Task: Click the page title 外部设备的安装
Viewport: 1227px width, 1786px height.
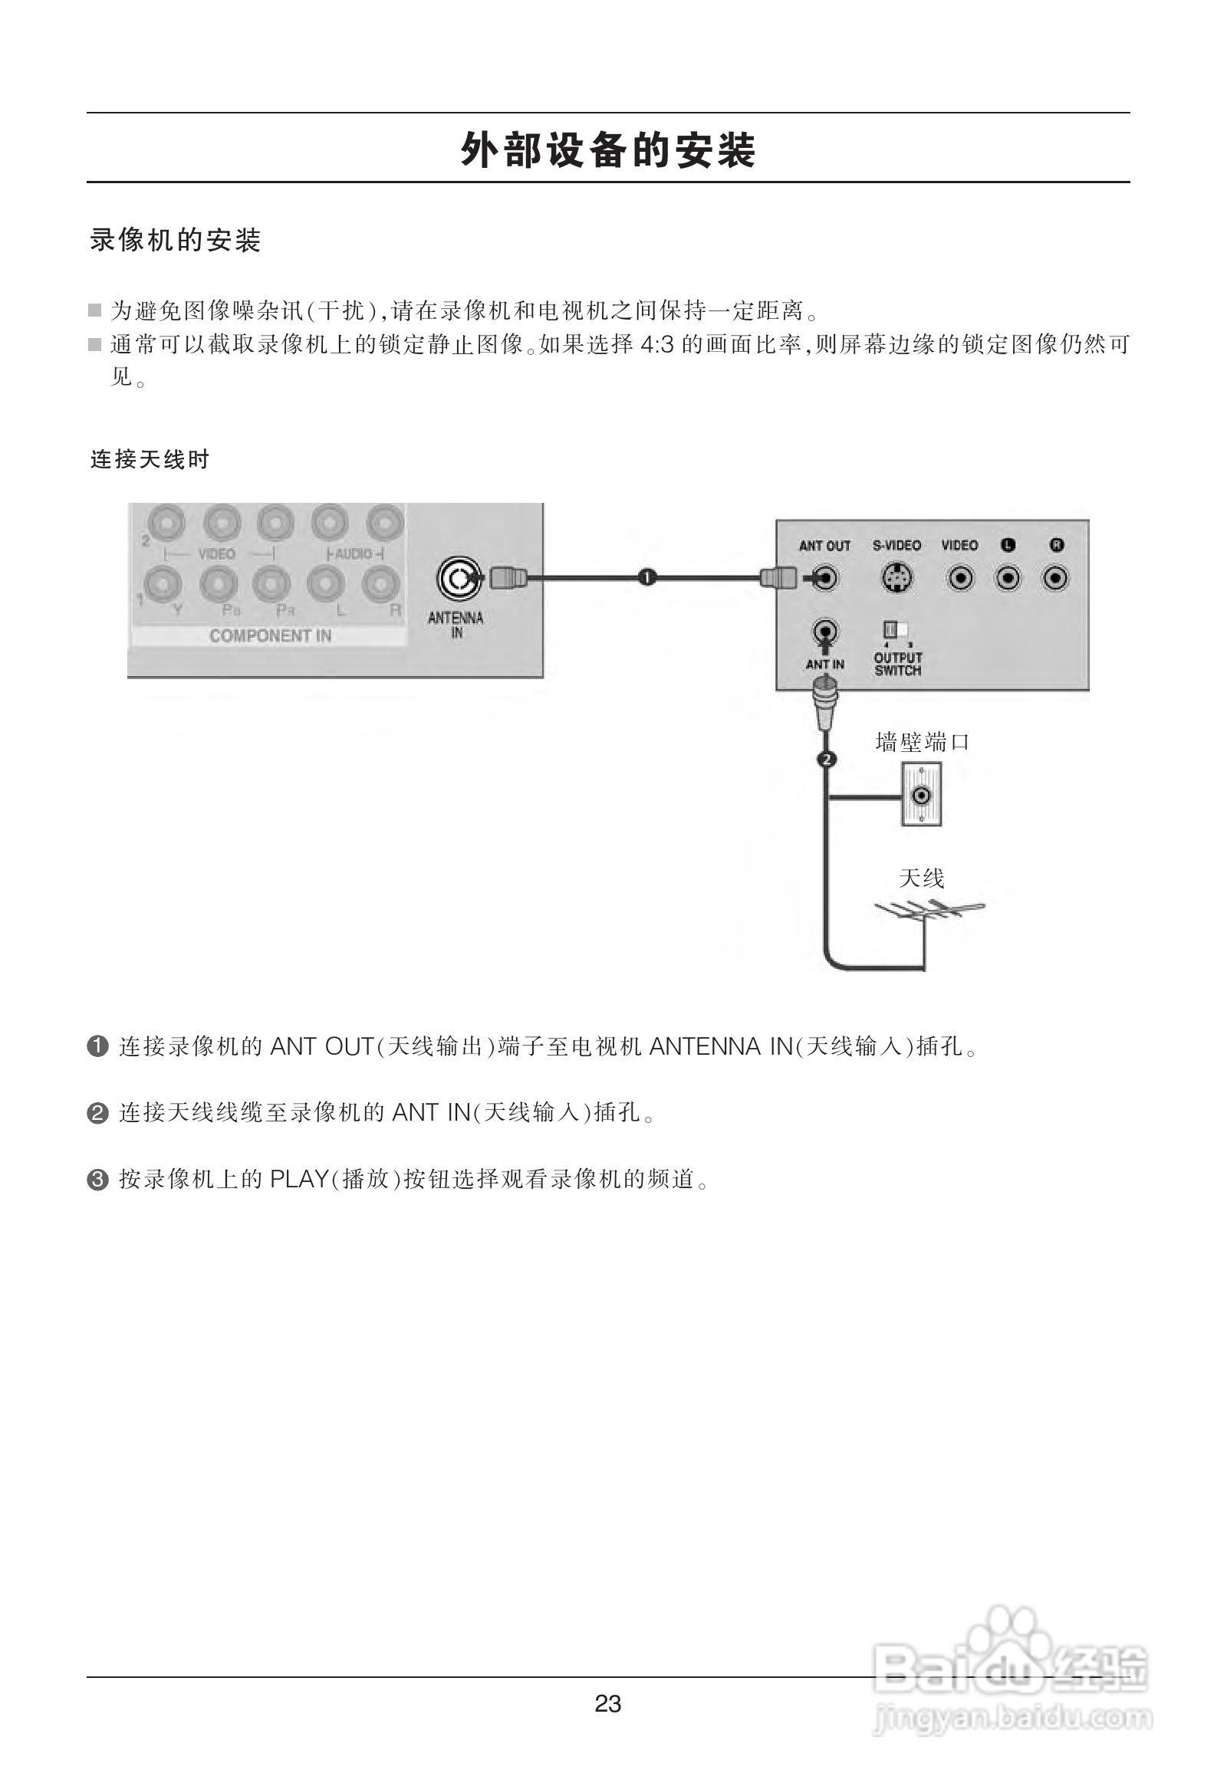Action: (608, 150)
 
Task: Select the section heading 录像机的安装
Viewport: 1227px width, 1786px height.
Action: (176, 241)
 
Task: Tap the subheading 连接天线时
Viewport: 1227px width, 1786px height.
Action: (150, 460)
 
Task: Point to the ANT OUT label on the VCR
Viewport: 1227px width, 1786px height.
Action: (824, 546)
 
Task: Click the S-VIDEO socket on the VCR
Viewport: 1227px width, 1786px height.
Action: (896, 578)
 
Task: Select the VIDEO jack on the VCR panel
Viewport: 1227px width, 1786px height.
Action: (960, 578)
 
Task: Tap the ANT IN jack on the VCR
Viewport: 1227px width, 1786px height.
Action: (825, 632)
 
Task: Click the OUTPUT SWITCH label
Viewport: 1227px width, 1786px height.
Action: (898, 664)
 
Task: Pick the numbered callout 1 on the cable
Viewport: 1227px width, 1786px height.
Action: (647, 576)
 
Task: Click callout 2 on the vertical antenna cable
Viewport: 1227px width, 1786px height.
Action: (827, 760)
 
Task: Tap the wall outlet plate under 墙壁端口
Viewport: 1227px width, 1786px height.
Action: (921, 795)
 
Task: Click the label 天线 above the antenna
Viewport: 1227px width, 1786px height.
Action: (921, 878)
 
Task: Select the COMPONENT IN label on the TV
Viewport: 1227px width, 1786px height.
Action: (270, 635)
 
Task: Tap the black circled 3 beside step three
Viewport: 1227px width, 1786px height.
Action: (97, 1180)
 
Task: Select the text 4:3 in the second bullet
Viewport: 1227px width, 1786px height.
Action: (656, 344)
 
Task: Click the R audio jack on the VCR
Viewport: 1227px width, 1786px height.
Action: (1055, 578)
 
